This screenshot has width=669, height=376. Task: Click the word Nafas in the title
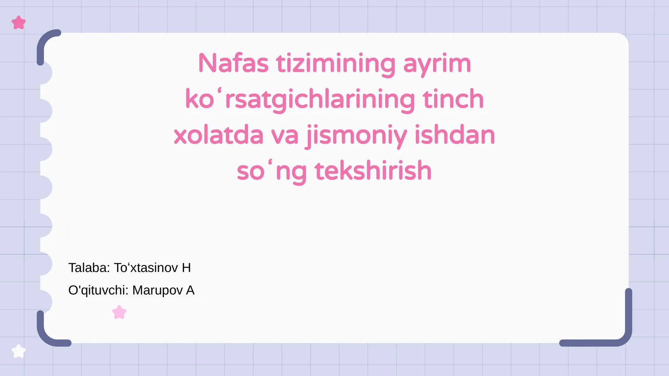tap(233, 64)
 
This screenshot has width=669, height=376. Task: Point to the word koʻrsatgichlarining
tap(300, 99)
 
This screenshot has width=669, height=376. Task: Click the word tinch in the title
tap(453, 99)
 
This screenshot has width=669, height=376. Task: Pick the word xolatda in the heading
tap(218, 135)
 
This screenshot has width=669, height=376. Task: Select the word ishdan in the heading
tap(455, 135)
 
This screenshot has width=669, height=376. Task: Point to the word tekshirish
tap(373, 171)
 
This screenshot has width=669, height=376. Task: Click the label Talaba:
tap(89, 268)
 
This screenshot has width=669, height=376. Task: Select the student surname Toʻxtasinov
tap(146, 268)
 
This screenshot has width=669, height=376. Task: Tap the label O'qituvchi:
tap(98, 290)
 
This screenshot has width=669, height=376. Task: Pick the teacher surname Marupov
tap(158, 290)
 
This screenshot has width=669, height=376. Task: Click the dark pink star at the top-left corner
tap(19, 23)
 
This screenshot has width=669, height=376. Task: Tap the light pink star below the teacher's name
tap(119, 312)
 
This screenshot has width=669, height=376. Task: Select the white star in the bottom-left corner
tap(19, 351)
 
